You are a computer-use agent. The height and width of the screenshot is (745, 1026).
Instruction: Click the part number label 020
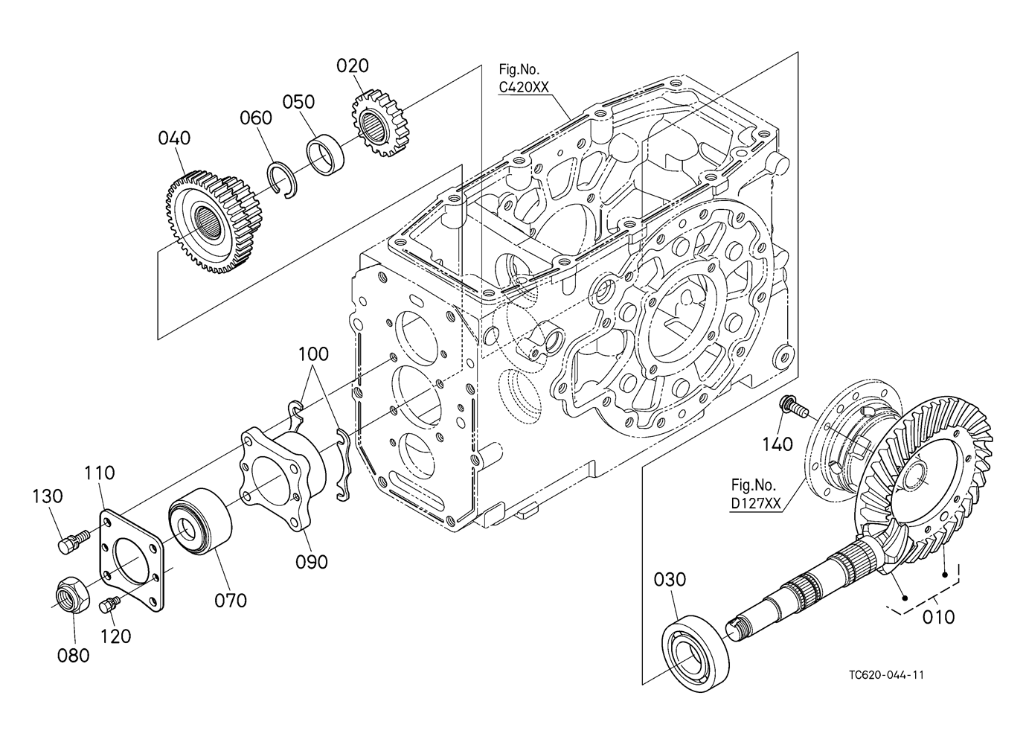click(x=352, y=66)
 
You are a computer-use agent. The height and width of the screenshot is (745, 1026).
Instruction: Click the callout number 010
click(x=939, y=617)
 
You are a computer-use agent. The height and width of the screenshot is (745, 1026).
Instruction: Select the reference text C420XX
click(x=524, y=87)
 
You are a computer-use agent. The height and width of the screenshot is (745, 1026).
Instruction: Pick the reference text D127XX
click(x=756, y=503)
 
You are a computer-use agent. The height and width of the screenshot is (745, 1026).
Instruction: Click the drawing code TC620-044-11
click(x=886, y=675)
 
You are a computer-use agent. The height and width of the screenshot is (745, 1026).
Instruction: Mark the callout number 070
click(x=231, y=599)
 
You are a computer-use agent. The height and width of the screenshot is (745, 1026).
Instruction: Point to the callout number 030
click(x=670, y=579)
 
